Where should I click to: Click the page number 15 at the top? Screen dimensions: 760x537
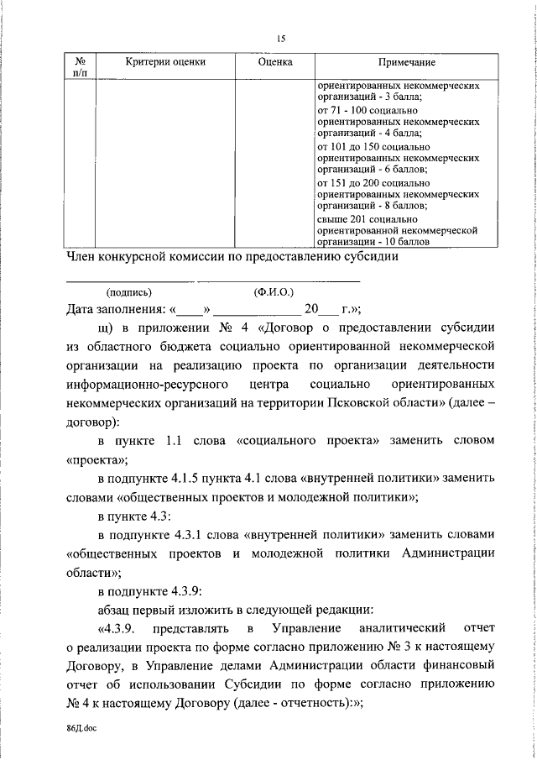(280, 37)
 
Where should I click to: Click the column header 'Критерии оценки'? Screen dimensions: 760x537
(165, 62)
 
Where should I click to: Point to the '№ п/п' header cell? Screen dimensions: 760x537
(82, 68)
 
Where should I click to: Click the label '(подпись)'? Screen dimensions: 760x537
(129, 292)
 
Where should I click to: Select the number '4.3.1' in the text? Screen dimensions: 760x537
(210, 534)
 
